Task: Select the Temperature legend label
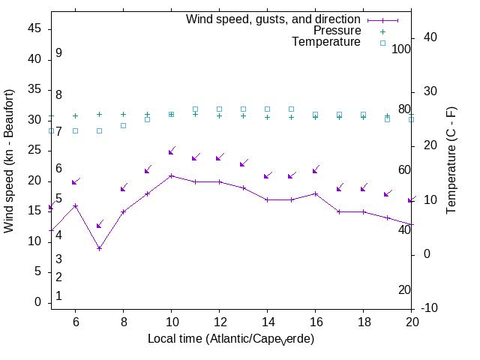point(326,42)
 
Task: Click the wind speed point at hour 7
point(99,248)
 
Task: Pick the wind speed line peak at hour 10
point(171,175)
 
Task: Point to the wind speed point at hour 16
point(315,193)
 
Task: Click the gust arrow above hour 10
point(171,151)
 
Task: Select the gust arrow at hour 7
point(99,224)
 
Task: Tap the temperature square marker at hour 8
point(123,125)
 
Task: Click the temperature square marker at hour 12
point(219,109)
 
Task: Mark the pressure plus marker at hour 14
point(267,117)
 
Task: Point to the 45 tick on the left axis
point(34,28)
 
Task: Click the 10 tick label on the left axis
point(34,241)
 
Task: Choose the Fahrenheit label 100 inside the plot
point(401,49)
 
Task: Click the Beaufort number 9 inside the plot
point(58,53)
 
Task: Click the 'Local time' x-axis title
point(231,339)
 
